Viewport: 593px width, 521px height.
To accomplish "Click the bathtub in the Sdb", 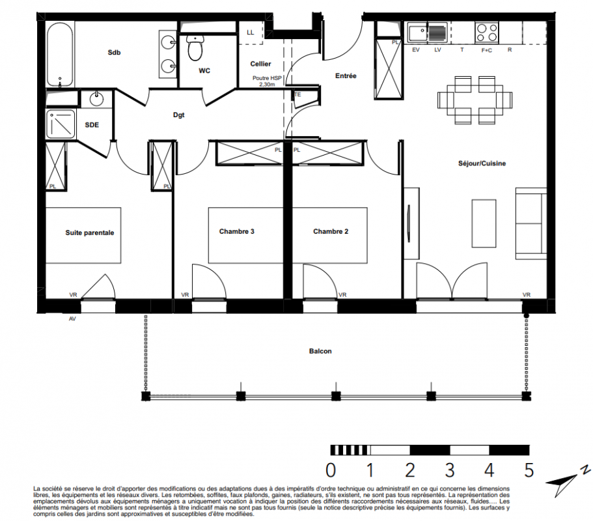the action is (x=60, y=55).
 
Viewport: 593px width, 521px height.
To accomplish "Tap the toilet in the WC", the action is (x=195, y=48).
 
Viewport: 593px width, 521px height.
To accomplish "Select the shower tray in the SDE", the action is (x=61, y=124).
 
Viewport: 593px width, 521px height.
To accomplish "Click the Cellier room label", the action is (x=260, y=64).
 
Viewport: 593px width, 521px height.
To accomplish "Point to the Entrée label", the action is (x=346, y=76).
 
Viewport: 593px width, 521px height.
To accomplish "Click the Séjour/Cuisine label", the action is (x=482, y=163).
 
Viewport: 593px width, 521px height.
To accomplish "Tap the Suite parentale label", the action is (x=90, y=232).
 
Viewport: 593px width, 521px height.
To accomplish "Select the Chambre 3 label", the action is (x=237, y=232).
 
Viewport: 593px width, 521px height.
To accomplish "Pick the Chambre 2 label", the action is (x=331, y=232).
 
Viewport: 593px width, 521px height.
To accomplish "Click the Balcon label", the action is (x=320, y=351).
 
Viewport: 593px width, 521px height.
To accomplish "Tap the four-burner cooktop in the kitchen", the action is (x=487, y=33).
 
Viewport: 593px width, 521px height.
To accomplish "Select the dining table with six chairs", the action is (x=475, y=100).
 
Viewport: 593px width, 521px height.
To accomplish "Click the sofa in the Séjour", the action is (x=531, y=223).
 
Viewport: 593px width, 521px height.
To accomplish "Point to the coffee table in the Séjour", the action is (x=484, y=223).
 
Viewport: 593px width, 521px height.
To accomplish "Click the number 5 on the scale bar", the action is (x=529, y=470).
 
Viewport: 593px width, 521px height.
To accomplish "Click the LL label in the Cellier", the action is (x=251, y=33).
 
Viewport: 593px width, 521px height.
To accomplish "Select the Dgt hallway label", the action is (x=179, y=115).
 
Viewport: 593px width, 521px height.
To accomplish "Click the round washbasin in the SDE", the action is (x=96, y=99).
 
